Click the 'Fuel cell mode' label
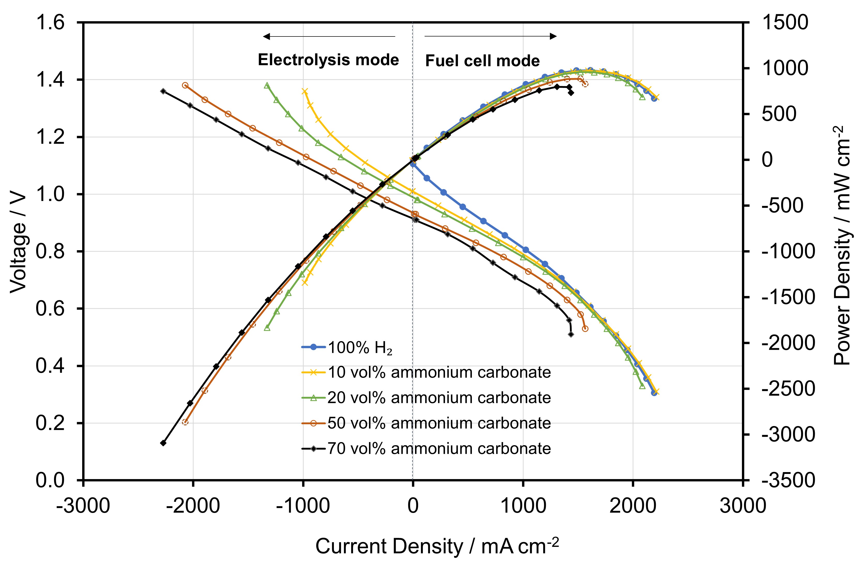[482, 61]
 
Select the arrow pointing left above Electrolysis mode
[329, 36]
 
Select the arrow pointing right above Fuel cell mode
[490, 36]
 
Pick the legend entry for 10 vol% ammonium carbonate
[426, 372]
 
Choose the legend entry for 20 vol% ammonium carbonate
[426, 398]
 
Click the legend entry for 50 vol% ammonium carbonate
[426, 423]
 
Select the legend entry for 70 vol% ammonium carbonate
[426, 448]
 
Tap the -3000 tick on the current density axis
[83, 506]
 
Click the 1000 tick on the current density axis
[523, 506]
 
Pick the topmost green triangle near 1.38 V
[267, 85]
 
